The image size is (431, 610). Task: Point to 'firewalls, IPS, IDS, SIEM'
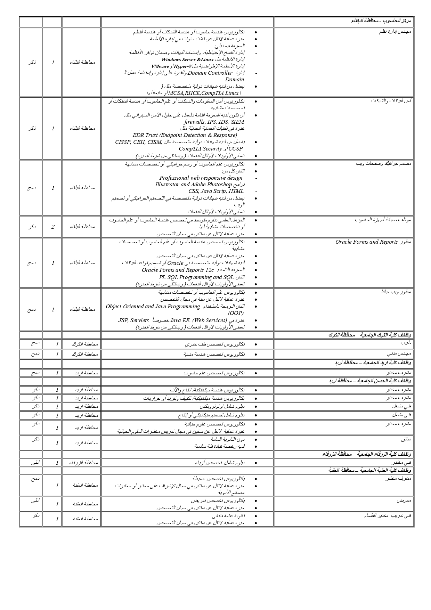214,122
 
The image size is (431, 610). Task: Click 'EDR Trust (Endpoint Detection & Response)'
185,135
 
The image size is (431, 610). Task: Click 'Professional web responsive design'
201,178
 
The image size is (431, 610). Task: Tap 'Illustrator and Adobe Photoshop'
193,185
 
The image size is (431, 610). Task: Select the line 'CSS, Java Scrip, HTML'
216,191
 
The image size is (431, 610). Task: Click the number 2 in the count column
53,227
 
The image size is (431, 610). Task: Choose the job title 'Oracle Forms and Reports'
366,242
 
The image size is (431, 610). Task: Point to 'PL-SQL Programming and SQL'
196,277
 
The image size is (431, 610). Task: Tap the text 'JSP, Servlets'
133,320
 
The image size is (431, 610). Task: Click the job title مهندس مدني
399,353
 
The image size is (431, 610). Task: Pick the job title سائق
406,439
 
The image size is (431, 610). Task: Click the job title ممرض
404,501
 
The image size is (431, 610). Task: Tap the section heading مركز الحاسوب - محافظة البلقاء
381,21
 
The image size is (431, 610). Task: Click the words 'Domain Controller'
210,73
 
